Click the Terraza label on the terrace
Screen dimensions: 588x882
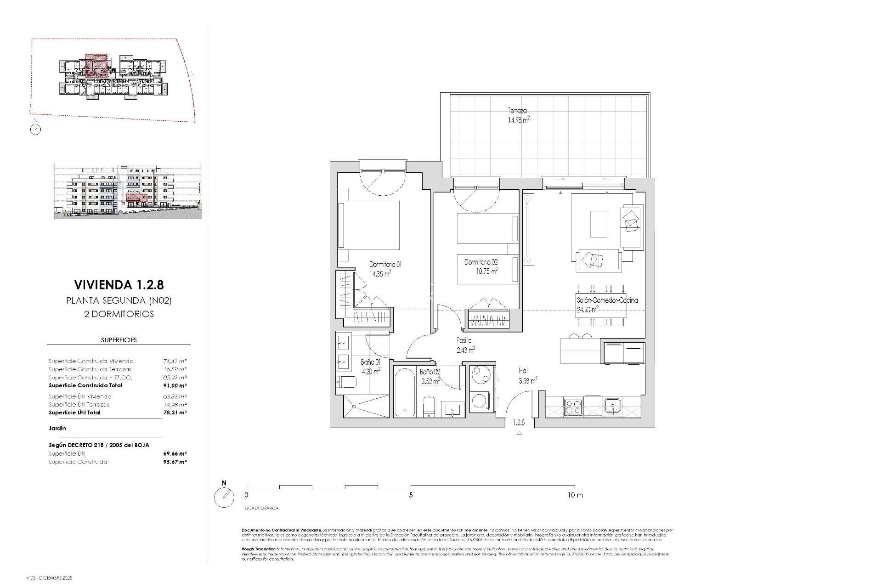tap(517, 111)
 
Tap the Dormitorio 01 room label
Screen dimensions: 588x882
tap(385, 265)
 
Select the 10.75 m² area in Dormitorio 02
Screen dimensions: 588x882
tap(487, 271)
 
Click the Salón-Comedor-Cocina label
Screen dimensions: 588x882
tap(607, 300)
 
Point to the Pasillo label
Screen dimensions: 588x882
tap(464, 341)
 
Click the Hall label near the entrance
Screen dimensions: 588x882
tap(524, 370)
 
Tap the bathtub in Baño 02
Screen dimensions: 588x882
tap(405, 391)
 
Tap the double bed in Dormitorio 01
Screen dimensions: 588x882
tap(368, 225)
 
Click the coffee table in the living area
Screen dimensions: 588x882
tap(598, 224)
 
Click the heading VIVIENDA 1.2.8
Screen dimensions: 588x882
tap(119, 285)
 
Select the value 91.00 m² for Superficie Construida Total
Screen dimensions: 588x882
tap(175, 385)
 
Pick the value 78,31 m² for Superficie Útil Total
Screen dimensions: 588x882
tap(175, 413)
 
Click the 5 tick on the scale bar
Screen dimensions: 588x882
tap(411, 495)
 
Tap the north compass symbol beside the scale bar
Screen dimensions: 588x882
tap(224, 497)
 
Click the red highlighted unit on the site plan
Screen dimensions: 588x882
tap(96, 65)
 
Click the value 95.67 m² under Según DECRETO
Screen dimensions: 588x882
tap(175, 462)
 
